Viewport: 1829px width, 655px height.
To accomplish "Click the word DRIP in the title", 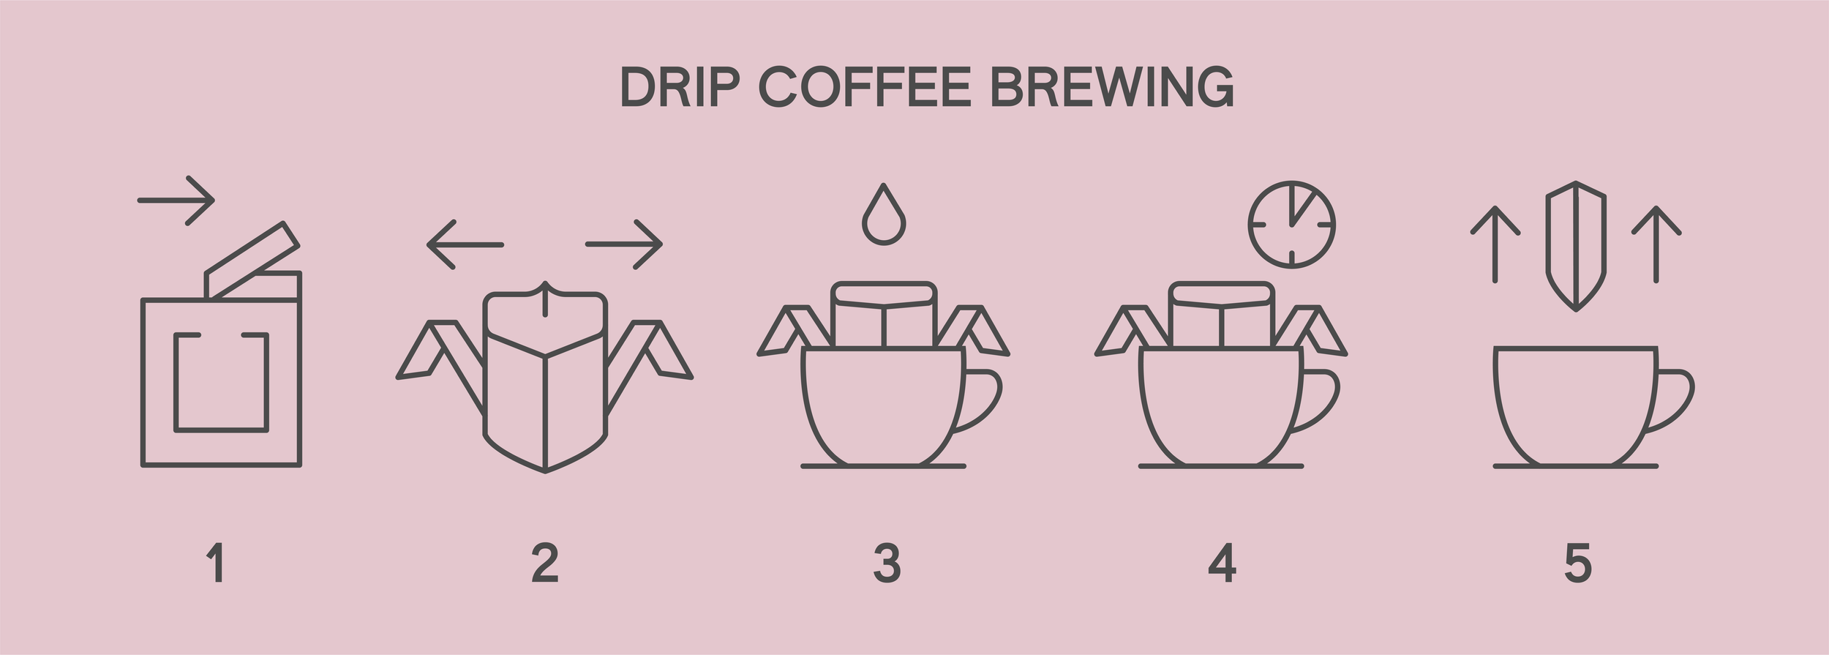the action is click(680, 88).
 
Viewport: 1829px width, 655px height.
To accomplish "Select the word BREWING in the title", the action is click(1111, 88).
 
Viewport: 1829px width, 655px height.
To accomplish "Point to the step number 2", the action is click(545, 562).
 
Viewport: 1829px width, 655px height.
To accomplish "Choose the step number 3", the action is click(887, 562).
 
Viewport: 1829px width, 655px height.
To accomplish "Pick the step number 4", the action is click(1222, 562).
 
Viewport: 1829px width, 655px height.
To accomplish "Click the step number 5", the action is click(1577, 562).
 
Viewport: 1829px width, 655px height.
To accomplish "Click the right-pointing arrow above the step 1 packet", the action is click(176, 200).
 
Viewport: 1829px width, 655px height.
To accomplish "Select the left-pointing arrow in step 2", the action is click(465, 244).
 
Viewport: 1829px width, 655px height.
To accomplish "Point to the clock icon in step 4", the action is click(1292, 225).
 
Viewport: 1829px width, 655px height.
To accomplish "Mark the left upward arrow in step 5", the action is click(1495, 244).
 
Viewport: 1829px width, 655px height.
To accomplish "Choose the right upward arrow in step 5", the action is click(1656, 244).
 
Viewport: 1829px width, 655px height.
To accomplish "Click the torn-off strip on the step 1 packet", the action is click(253, 260).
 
